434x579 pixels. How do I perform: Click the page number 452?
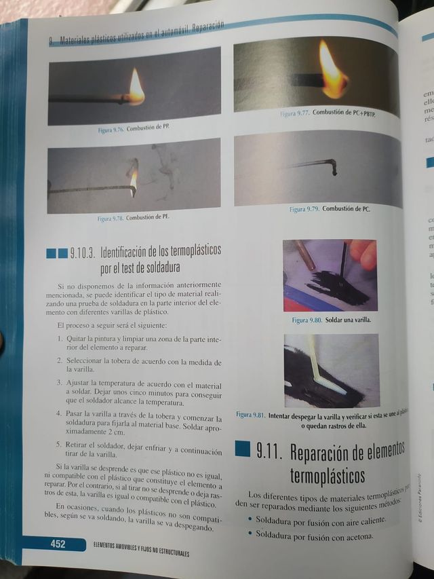[x=57, y=543]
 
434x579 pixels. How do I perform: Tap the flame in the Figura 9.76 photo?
[x=136, y=88]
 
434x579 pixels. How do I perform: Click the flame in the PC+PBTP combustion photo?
[x=332, y=71]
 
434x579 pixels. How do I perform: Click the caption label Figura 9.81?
[x=250, y=415]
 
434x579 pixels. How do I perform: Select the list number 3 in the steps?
[x=60, y=383]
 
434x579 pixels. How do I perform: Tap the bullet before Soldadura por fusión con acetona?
[x=250, y=534]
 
